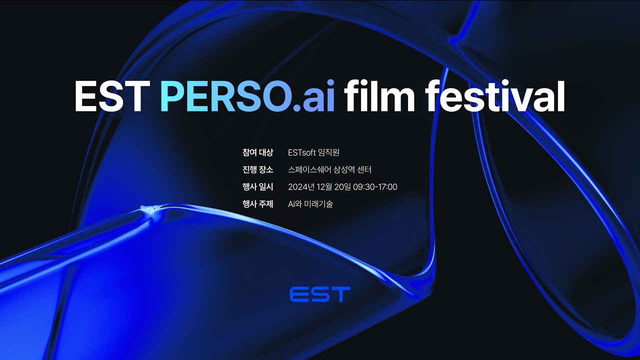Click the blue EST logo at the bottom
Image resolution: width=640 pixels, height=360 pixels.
click(320, 294)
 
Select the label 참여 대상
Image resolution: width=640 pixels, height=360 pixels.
click(257, 152)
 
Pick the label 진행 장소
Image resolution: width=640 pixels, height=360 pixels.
click(257, 170)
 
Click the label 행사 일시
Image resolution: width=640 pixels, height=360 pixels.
click(257, 187)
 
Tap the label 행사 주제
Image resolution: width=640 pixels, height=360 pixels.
click(257, 204)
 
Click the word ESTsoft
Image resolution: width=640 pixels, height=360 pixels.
click(302, 152)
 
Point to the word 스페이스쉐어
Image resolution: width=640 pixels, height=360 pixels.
click(309, 170)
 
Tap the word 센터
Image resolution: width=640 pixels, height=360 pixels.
click(364, 170)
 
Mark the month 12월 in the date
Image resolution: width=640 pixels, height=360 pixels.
click(323, 187)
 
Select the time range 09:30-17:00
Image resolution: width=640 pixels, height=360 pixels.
click(375, 187)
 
